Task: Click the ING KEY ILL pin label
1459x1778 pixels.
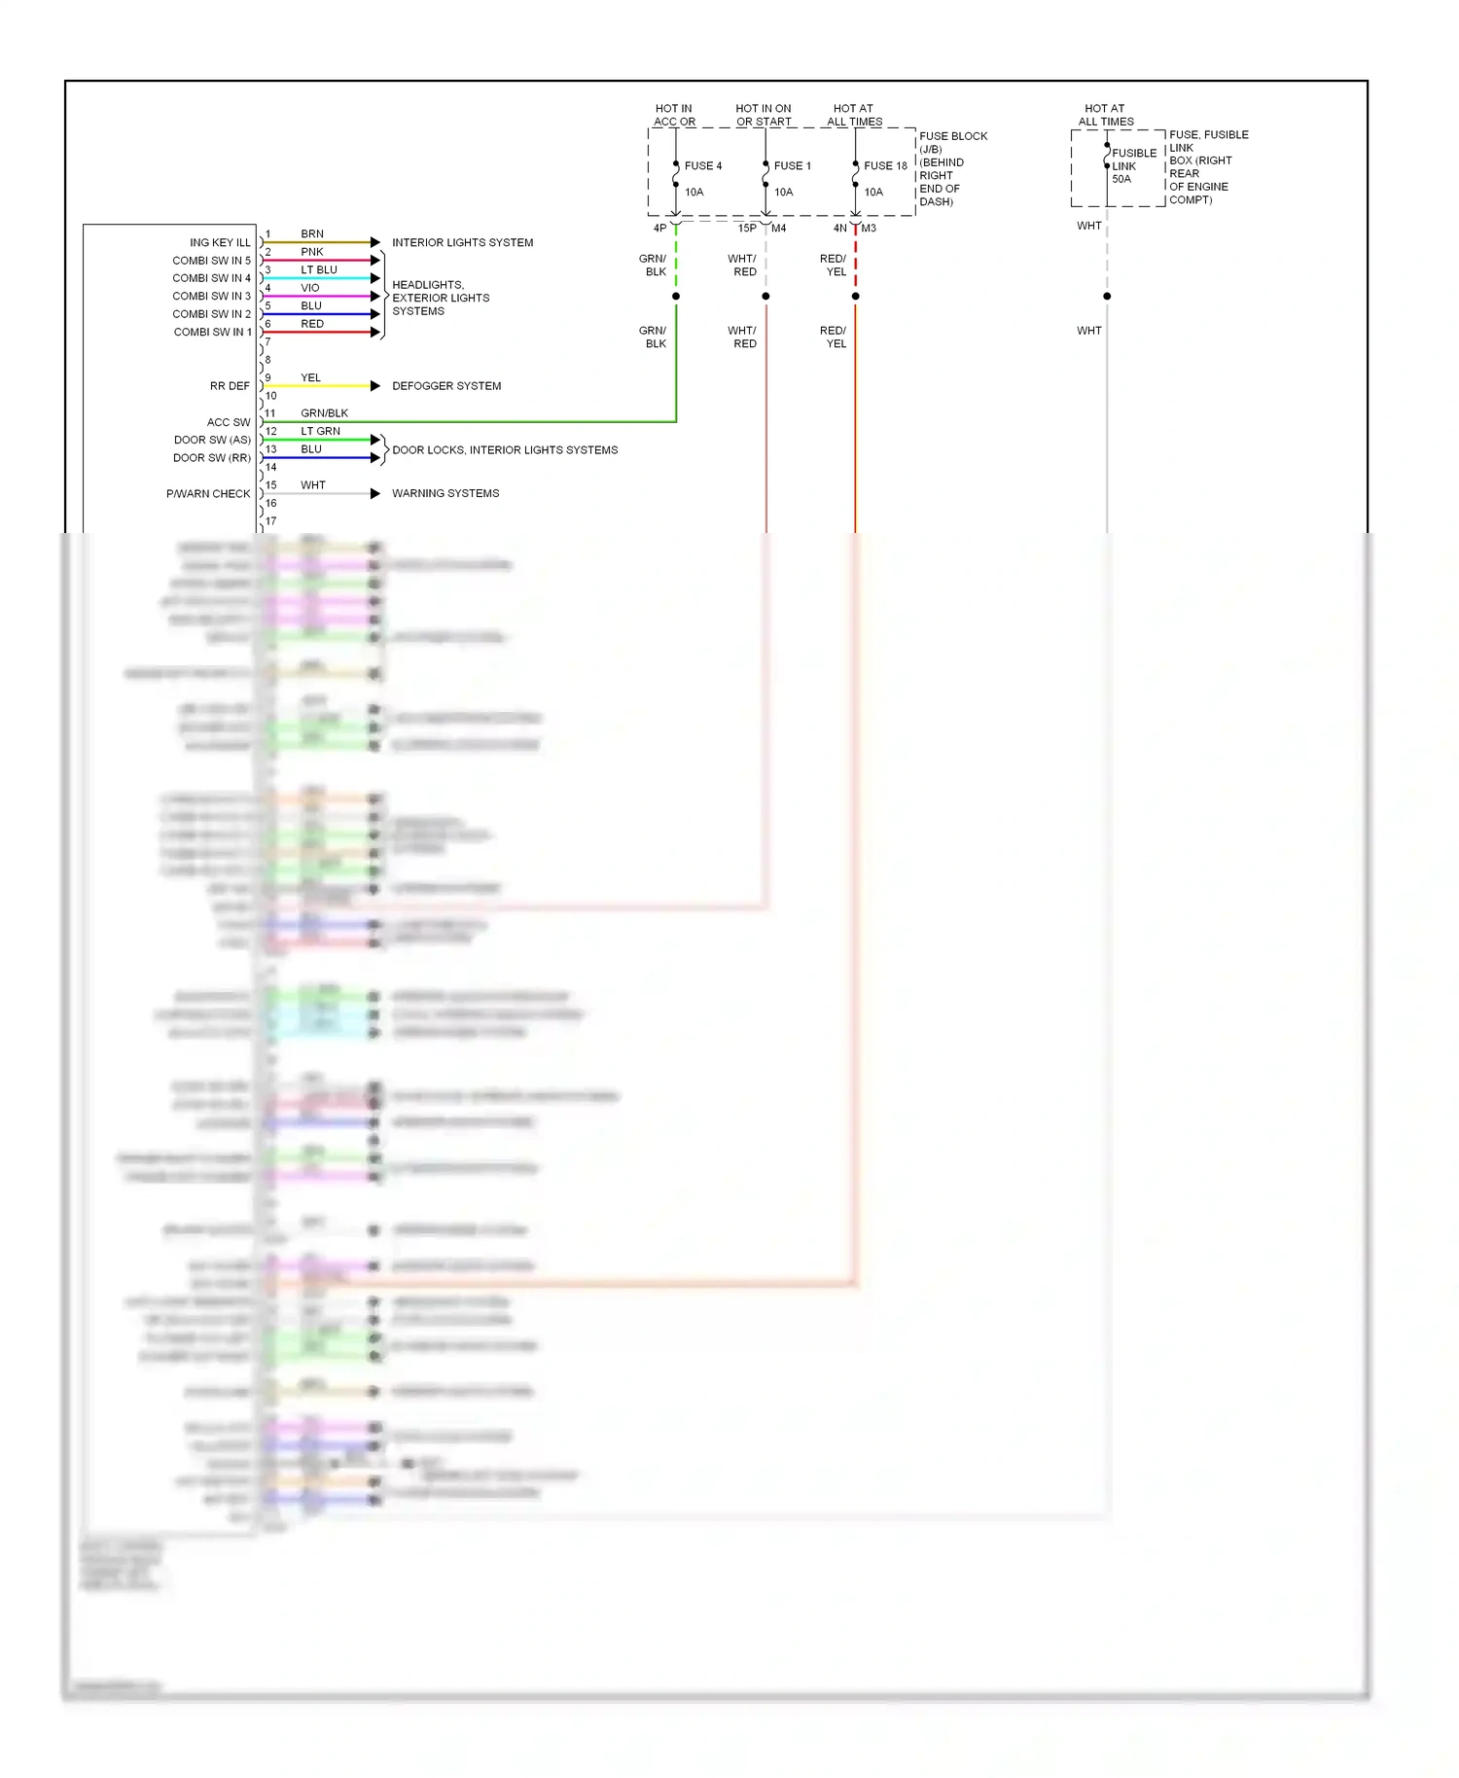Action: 220,242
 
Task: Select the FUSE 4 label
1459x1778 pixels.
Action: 702,166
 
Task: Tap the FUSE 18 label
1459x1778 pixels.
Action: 884,166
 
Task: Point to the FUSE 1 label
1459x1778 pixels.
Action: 792,166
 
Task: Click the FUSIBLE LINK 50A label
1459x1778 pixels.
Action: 1133,166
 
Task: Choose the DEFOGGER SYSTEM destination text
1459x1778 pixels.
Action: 446,386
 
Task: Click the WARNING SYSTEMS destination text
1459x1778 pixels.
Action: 445,494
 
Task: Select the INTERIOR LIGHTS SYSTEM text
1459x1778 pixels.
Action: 462,242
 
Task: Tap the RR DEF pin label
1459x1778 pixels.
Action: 230,386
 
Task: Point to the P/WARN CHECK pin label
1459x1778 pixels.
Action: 208,494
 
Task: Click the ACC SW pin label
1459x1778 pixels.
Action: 229,422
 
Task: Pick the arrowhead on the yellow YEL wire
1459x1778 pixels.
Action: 375,386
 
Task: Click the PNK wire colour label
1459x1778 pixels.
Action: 311,252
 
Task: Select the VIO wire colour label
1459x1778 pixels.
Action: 310,288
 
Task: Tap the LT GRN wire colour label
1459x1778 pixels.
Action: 320,431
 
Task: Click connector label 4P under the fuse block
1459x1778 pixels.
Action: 659,229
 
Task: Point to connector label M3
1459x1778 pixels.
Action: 869,229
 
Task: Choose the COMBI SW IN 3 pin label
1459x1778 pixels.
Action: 211,296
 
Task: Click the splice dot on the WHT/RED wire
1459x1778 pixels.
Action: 765,296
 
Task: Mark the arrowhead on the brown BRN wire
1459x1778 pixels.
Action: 375,242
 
